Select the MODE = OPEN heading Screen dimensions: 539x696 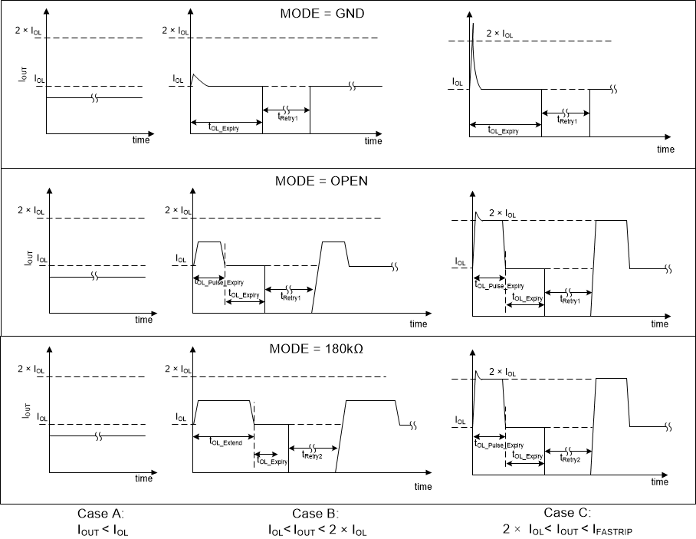(321, 182)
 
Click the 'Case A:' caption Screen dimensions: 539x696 (100, 514)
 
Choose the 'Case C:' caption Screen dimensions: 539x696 (567, 513)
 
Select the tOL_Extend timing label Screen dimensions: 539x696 (225, 443)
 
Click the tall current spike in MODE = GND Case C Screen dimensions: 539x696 (473, 38)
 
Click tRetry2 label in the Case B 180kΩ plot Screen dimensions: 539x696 (311, 455)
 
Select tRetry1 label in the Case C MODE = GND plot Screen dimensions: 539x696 (567, 121)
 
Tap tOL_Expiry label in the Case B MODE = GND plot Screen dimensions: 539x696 (224, 129)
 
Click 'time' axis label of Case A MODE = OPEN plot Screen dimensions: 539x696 (143, 320)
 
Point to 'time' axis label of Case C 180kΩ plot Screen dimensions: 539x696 (659, 482)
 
